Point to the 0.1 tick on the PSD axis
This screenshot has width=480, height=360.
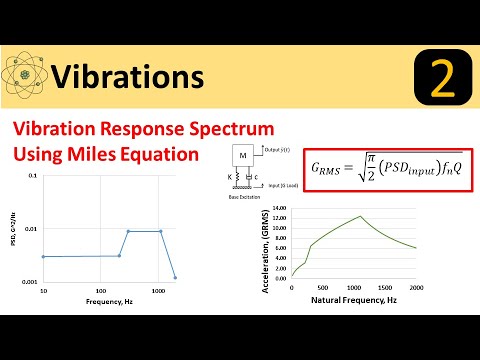click(x=33, y=177)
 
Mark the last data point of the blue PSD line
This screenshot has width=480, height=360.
click(x=175, y=277)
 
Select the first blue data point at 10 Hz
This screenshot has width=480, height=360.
click(x=43, y=257)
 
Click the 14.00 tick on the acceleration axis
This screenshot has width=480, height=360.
click(x=279, y=209)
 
